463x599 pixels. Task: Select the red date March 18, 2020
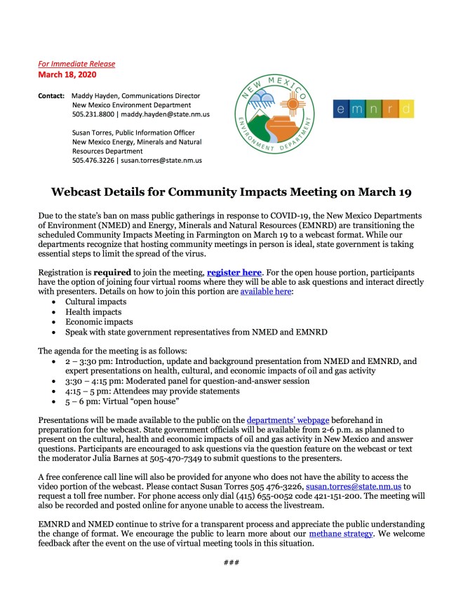pos(67,74)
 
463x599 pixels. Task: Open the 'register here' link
pos(234,271)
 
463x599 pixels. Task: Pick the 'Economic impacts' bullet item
pos(96,321)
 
